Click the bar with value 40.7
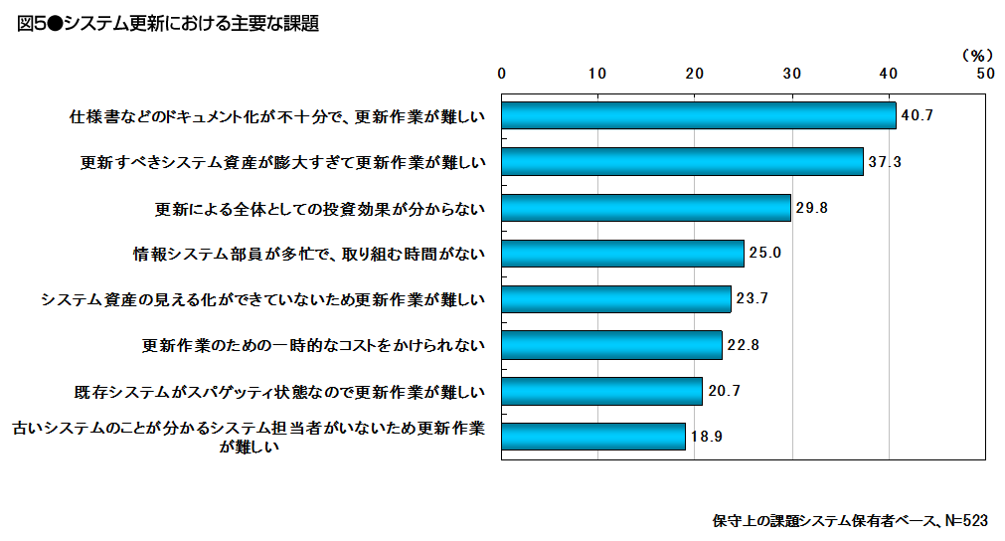(698, 116)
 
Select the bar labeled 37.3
(682, 161)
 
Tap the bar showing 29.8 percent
(646, 208)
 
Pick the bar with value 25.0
(622, 254)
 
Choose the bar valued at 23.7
(616, 299)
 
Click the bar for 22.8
(611, 345)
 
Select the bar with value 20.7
(601, 391)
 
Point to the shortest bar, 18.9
(593, 437)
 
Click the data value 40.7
(917, 116)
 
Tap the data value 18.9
(706, 437)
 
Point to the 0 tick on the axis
(502, 73)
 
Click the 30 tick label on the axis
(791, 73)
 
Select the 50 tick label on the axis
(984, 73)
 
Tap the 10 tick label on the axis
(597, 73)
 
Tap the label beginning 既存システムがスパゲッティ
(280, 391)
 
